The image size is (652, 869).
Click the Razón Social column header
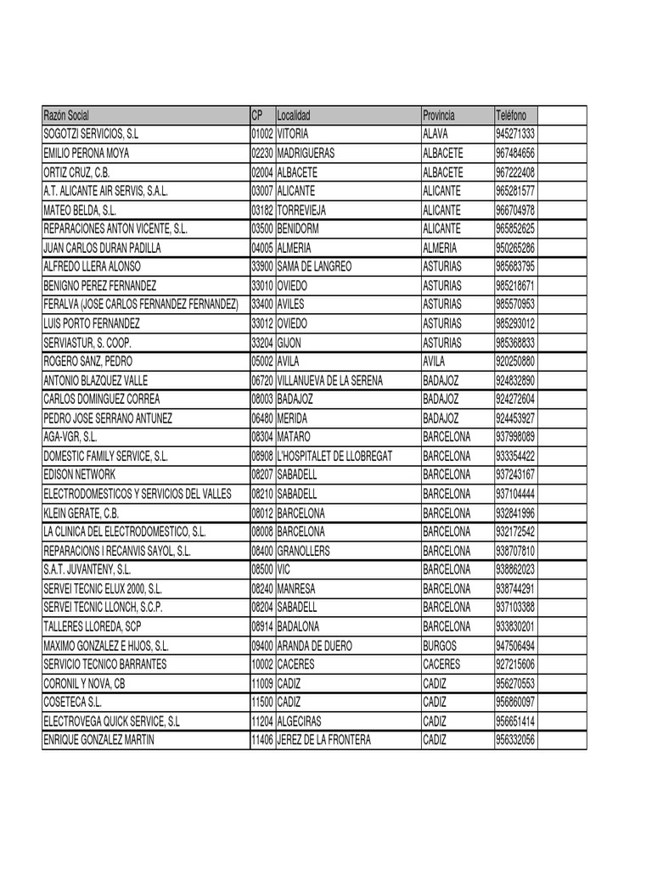[66, 115]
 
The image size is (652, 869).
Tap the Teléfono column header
[511, 115]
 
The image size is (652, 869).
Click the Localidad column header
[295, 115]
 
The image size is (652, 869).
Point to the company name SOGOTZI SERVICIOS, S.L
[90, 134]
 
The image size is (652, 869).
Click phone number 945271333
[514, 134]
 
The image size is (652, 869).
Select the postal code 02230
[262, 154]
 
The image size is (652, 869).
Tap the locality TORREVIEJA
[302, 210]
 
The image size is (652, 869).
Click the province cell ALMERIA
[440, 248]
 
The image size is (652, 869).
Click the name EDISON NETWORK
[78, 474]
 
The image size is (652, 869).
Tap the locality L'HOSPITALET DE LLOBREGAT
[334, 456]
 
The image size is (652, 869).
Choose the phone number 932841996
[514, 513]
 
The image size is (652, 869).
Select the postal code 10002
[262, 664]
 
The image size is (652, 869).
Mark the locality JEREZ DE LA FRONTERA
[324, 740]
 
